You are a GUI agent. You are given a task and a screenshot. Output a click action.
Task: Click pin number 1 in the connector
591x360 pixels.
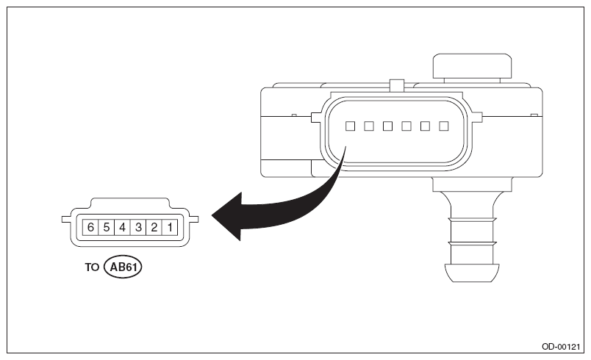click(x=170, y=227)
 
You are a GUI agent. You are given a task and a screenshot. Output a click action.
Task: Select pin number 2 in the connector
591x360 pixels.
click(x=154, y=227)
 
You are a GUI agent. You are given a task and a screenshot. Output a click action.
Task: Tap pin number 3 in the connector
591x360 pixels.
click(x=138, y=227)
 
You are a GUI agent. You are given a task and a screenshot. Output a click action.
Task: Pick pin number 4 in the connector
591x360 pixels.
click(x=122, y=227)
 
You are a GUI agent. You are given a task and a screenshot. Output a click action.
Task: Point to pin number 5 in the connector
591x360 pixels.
click(x=107, y=227)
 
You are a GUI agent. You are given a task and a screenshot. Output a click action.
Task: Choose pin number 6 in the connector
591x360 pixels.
click(x=90, y=227)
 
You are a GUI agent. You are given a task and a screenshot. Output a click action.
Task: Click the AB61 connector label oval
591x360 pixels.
click(x=123, y=267)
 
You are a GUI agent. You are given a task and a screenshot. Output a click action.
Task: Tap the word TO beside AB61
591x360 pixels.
click(x=91, y=267)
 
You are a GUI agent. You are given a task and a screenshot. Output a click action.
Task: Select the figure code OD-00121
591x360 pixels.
click(x=562, y=345)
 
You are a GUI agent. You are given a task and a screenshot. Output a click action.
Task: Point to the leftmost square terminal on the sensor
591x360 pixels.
click(x=351, y=126)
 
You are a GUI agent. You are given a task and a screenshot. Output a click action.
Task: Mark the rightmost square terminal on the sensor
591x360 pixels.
click(x=443, y=126)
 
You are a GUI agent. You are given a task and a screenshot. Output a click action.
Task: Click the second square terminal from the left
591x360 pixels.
click(x=369, y=126)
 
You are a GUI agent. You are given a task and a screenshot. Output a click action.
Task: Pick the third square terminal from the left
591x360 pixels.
click(x=387, y=126)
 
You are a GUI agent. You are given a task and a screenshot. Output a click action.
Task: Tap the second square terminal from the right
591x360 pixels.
click(x=425, y=126)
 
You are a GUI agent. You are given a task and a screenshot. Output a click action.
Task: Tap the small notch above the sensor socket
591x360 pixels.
click(x=396, y=85)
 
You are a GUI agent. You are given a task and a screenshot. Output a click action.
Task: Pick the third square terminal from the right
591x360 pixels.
click(x=406, y=126)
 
